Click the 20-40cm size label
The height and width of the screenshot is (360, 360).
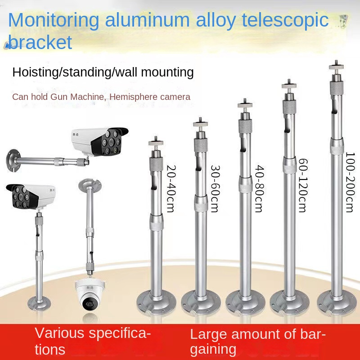pos(171,183)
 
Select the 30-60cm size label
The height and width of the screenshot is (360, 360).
pos(216,189)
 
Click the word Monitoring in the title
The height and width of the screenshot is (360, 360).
pos(54,20)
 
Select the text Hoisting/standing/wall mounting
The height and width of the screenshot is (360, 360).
pos(103,72)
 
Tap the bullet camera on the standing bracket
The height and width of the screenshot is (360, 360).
pos(31,196)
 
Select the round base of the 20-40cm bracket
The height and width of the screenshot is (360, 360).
pos(156,300)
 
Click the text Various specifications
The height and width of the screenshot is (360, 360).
pos(92,341)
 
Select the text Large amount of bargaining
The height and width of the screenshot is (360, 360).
pos(257,341)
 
